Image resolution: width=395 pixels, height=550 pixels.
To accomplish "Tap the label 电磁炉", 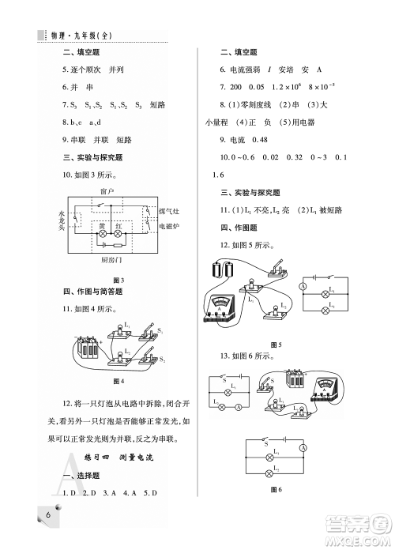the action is (x=170, y=227).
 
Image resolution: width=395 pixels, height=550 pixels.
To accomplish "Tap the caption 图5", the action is (x=276, y=345).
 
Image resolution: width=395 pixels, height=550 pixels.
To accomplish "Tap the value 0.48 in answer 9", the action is (x=270, y=140).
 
